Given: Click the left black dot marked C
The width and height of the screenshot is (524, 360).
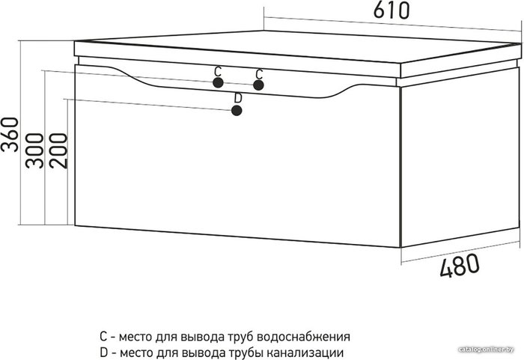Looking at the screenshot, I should [218, 83].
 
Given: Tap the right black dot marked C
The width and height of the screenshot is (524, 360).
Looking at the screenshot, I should [258, 85].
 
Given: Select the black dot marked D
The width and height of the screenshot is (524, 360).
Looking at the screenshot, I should [237, 111].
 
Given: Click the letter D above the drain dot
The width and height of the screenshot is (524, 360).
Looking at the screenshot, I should [238, 98].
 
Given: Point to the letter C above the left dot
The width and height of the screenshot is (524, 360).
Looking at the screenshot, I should [218, 72].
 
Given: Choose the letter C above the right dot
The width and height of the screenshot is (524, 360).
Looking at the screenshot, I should [259, 73].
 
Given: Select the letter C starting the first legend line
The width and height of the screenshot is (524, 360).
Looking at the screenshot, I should [103, 337].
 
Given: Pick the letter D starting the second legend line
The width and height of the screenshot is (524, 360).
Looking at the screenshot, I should [103, 353].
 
